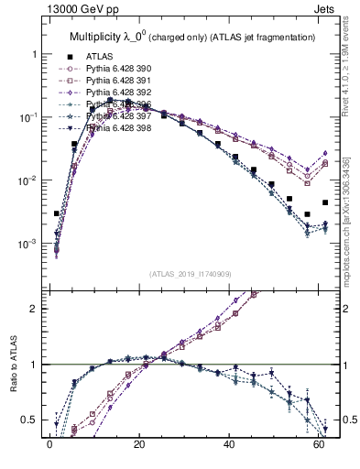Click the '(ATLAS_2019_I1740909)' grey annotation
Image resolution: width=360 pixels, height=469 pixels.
(190, 274)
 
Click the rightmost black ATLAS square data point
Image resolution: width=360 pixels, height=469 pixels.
(324, 202)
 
